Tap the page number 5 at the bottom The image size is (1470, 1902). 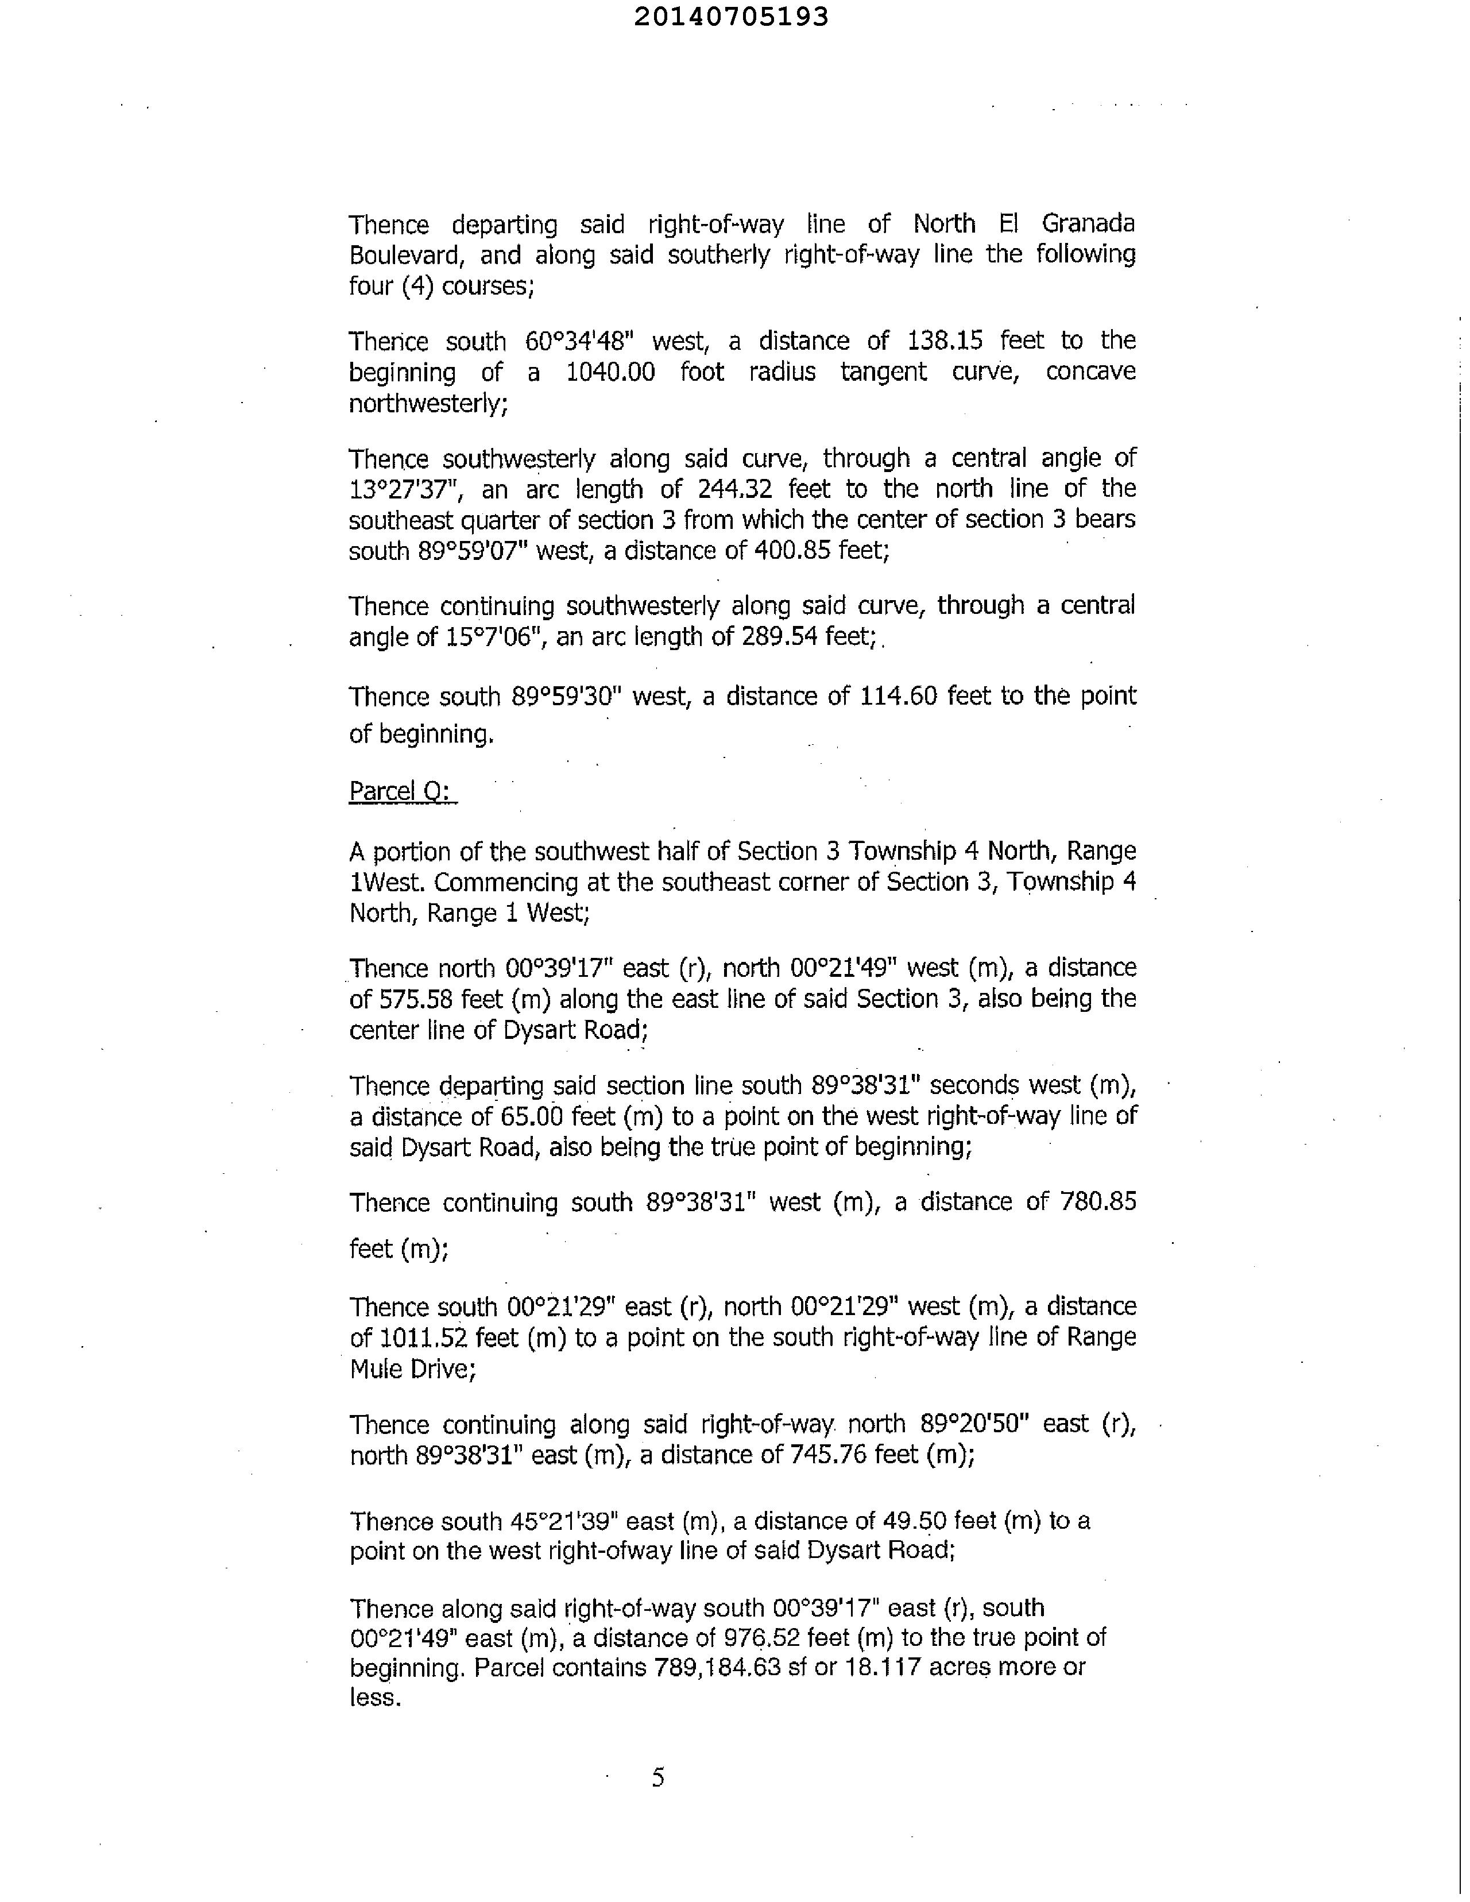pos(659,1777)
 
